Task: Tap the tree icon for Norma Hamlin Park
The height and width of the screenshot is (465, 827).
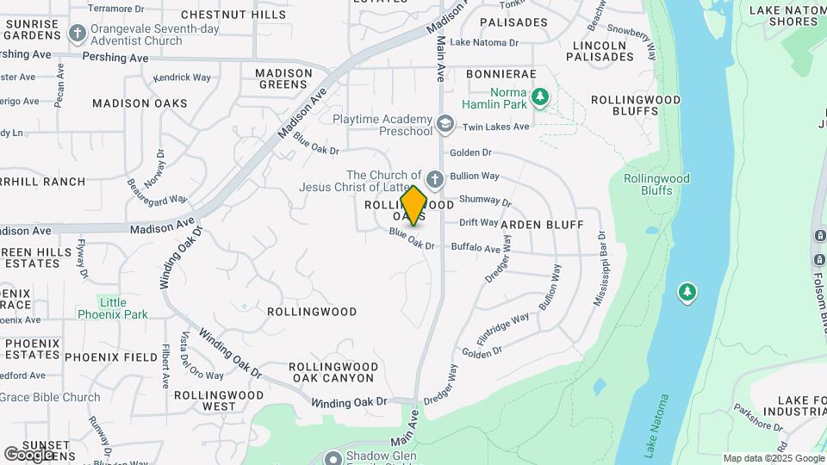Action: (x=540, y=96)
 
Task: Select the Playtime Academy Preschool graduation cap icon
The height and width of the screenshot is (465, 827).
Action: (x=445, y=125)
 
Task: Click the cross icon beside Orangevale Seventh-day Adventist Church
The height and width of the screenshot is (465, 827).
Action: (x=78, y=34)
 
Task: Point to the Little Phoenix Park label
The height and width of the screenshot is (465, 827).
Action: (x=112, y=308)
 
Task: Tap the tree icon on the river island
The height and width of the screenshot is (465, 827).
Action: (x=687, y=293)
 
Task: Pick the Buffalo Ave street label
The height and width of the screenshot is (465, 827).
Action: (x=476, y=248)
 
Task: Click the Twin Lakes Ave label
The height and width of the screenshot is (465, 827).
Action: (x=495, y=127)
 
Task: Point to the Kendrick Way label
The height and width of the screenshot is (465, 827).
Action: (x=182, y=77)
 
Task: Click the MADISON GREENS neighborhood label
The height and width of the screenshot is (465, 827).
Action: (x=283, y=78)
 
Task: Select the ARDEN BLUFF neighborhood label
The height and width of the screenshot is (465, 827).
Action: (x=542, y=225)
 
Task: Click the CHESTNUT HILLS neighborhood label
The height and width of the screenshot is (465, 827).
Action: (x=233, y=15)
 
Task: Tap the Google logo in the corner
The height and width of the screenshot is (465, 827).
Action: (x=28, y=454)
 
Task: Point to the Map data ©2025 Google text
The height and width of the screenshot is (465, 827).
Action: (x=774, y=458)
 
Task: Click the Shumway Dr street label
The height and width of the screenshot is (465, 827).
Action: (x=485, y=201)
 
